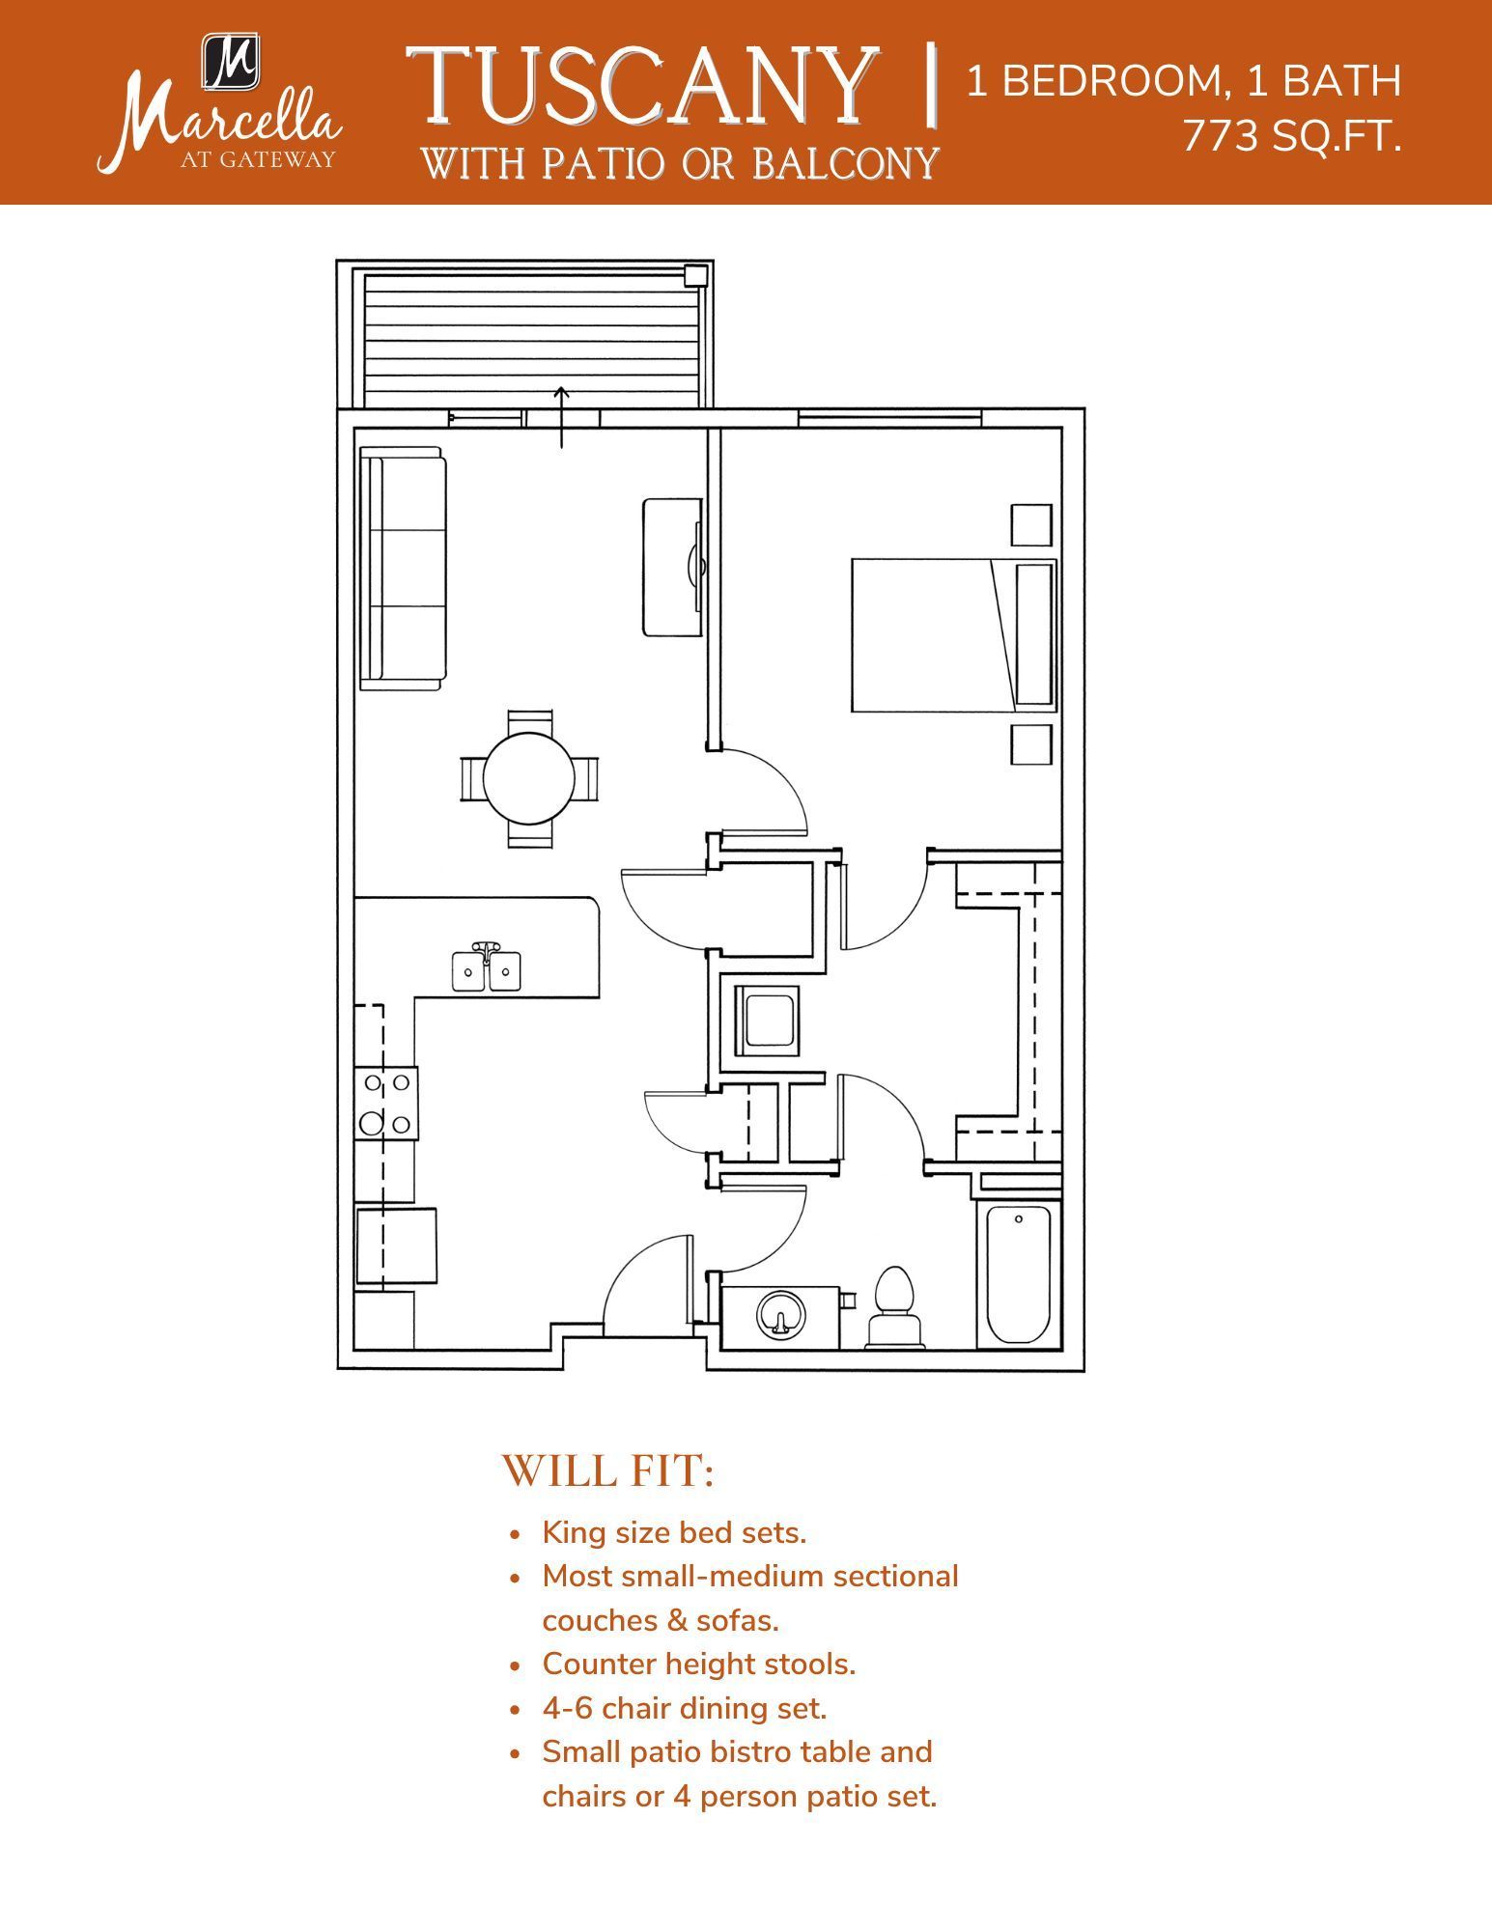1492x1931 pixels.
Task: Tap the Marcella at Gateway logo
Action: click(220, 106)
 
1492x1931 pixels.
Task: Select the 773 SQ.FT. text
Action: click(1291, 137)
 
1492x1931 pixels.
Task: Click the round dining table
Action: click(528, 778)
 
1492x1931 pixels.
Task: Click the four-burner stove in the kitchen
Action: click(386, 1104)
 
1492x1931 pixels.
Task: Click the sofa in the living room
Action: click(403, 569)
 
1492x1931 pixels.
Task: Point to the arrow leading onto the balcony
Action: click(561, 417)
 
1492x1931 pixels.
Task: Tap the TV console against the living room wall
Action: click(672, 568)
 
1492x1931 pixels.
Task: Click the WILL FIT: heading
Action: click(608, 1471)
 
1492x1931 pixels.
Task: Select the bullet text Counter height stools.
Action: click(699, 1664)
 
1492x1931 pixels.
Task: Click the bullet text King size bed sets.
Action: click(674, 1532)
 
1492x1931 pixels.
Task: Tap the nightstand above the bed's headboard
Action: click(1031, 525)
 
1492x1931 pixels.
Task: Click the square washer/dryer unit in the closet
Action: click(765, 1021)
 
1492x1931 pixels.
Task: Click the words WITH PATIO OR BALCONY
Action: click(680, 164)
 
